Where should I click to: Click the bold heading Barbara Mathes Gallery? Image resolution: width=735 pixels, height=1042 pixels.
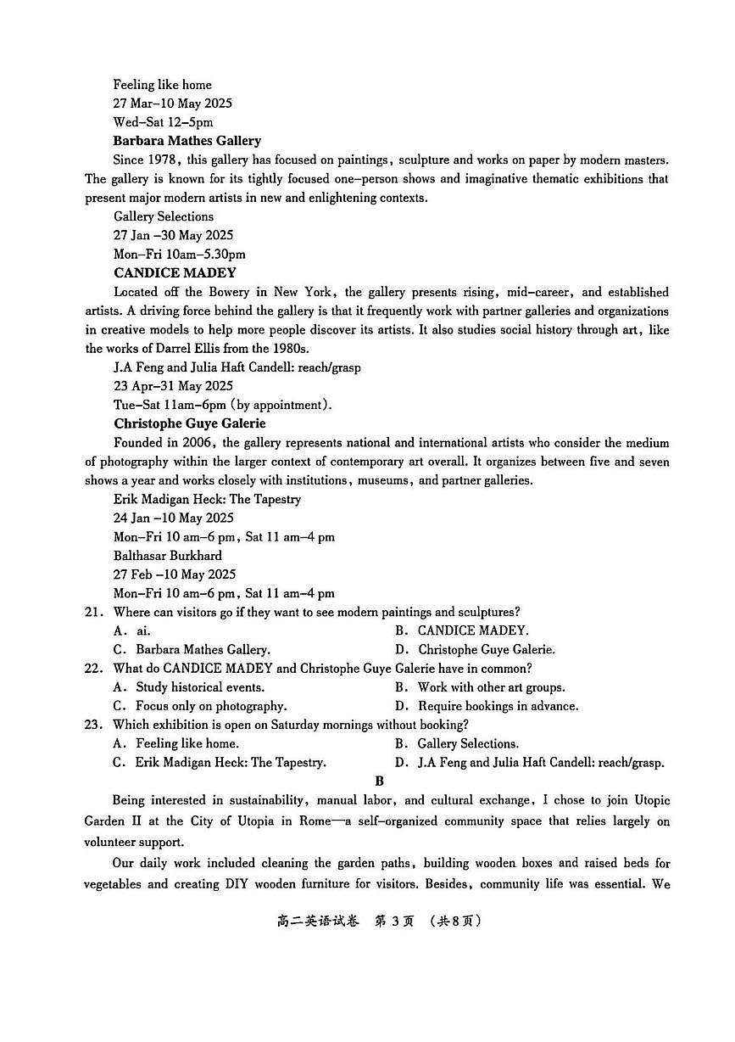pos(187,141)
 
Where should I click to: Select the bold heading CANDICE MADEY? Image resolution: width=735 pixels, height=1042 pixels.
pos(175,273)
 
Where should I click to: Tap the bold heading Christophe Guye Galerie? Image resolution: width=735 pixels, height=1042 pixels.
pos(190,423)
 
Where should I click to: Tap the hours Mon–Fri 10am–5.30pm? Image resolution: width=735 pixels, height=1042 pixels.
pos(180,255)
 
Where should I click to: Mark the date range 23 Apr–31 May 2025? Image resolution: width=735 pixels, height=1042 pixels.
pos(174,386)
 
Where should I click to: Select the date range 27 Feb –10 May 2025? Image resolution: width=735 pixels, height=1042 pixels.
pos(174,574)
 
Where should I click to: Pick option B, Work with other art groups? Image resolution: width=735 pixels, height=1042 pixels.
pos(480,687)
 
